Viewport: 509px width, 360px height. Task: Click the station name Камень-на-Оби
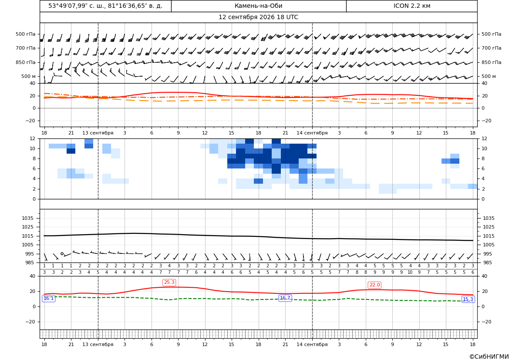(258, 6)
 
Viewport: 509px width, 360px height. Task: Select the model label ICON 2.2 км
(411, 6)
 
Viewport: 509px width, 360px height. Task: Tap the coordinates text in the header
(105, 6)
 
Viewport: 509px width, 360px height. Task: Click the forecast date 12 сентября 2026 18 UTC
(258, 17)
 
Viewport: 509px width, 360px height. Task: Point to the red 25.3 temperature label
(169, 283)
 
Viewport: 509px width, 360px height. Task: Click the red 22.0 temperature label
(374, 285)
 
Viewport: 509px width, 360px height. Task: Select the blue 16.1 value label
(49, 299)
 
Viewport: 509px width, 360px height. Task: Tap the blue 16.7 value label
(285, 298)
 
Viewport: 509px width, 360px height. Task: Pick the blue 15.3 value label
(468, 299)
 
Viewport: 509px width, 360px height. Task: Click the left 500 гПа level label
(26, 34)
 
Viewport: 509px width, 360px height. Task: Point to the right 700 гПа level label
(491, 48)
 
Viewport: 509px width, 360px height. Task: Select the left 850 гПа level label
(26, 62)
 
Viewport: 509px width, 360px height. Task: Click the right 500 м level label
(489, 76)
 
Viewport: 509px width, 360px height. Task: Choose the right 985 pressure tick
(489, 262)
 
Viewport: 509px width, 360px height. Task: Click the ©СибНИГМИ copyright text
(489, 357)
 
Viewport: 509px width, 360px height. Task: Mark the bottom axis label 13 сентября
(98, 344)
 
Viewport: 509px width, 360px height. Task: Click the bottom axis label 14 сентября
(312, 344)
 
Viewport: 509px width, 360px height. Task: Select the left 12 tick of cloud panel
(33, 138)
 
